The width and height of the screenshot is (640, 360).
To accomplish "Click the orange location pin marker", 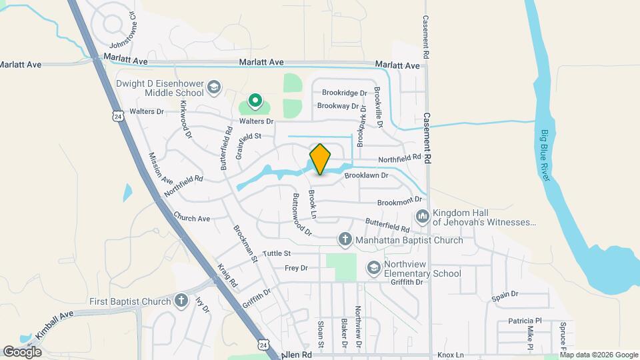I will (320, 159).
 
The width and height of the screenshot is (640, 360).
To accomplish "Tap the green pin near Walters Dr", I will (255, 101).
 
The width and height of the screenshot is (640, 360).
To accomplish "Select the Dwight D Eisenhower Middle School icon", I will (213, 87).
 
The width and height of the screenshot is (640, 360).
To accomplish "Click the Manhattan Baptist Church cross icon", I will (345, 239).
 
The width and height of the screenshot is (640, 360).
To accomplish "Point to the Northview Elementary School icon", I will (374, 267).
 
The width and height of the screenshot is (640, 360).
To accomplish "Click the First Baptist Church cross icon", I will (181, 301).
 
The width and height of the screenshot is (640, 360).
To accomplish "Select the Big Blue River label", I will (546, 155).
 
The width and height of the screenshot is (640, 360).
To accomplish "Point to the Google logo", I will (22, 351).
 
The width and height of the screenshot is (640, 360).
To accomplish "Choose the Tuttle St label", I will (277, 253).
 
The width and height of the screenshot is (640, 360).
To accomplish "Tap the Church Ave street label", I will (191, 217).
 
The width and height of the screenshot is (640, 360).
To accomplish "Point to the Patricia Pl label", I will (525, 321).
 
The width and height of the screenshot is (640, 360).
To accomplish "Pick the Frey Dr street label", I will (296, 268).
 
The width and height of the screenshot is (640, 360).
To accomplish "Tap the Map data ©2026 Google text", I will (598, 354).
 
